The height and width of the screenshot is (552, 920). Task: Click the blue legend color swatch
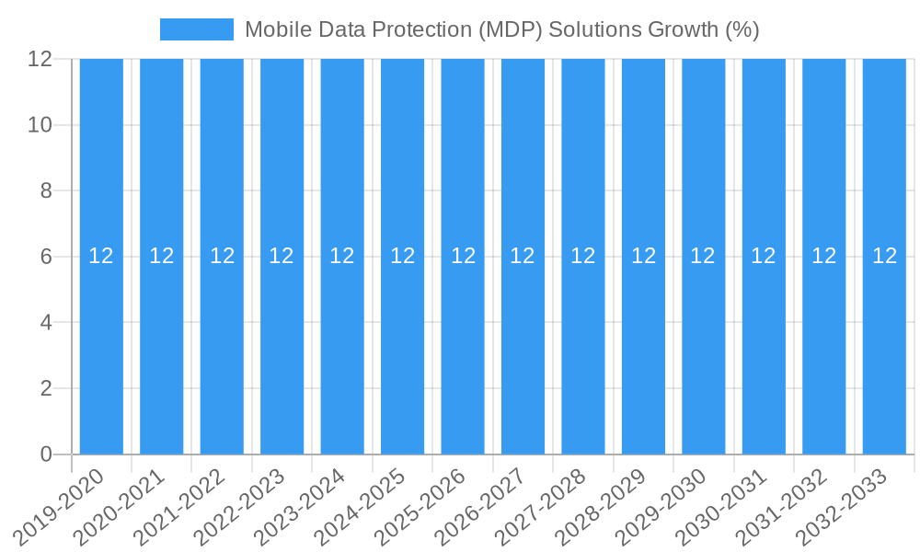coord(196,29)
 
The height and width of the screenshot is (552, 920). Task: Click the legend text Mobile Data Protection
coord(358,29)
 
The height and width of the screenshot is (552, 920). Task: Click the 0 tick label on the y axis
coord(46,454)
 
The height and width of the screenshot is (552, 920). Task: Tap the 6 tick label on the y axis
coord(46,257)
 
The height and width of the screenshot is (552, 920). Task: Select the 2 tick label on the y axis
coord(46,388)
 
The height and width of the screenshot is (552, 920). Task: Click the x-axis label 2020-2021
coord(120,506)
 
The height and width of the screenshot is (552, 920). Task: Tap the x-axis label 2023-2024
coord(300,506)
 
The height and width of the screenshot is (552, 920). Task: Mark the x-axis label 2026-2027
coord(480,506)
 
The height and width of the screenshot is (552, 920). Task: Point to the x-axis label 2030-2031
coord(721,506)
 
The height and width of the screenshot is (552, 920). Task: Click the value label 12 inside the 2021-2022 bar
coord(222,257)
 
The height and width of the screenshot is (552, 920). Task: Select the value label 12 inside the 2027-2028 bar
coord(583,257)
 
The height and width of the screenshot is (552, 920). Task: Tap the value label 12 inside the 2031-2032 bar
coord(824,257)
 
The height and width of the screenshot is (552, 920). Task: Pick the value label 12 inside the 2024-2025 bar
coord(402,257)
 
